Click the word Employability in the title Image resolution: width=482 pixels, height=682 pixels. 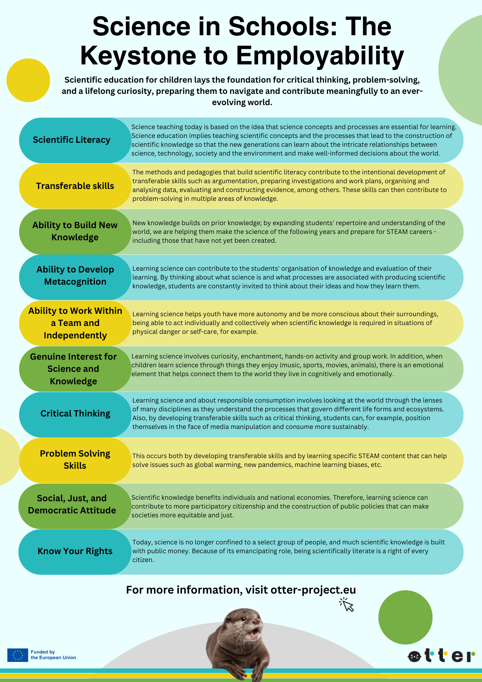pos(320,57)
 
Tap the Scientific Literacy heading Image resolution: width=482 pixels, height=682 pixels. pos(72,140)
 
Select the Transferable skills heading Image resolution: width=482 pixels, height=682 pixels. pos(75,186)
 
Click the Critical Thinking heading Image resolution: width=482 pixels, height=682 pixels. pos(75,413)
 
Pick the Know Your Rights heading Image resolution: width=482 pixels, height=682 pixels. pos(75,551)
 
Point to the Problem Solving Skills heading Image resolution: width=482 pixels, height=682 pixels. pos(75,459)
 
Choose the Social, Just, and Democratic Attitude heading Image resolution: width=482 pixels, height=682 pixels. pos(72,504)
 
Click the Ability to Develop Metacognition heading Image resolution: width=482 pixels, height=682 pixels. pos(75,275)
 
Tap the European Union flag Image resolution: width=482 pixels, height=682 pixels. pos(18,655)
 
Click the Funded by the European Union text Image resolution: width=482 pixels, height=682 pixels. pos(53,655)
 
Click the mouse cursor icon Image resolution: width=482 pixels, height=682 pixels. pos(347,604)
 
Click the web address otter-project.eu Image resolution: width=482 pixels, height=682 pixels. pos(313,590)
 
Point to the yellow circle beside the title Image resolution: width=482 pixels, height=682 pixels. pos(28,80)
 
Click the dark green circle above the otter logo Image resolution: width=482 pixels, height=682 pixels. pos(405,617)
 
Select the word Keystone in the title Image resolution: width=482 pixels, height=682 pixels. pos(138,56)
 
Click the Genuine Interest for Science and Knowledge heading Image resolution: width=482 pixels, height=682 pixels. pos(73,369)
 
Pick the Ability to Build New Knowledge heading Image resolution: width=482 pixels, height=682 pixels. pos(75,231)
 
